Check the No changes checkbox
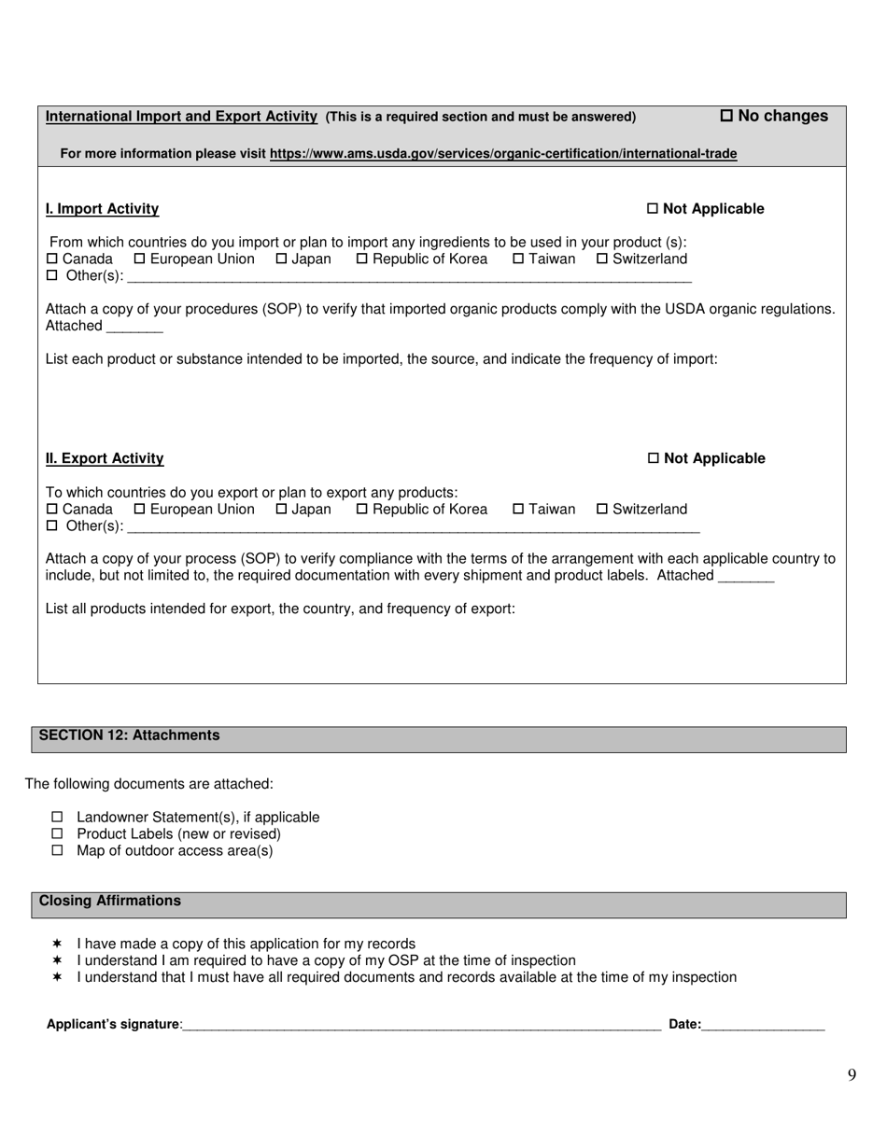tap(726, 116)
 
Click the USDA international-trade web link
tap(502, 154)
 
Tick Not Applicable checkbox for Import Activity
tap(653, 209)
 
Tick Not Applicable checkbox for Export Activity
tap(653, 458)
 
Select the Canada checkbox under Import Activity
tap(52, 259)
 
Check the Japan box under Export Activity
tap(281, 509)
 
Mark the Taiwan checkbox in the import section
tap(518, 259)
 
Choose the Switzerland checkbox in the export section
tap(602, 509)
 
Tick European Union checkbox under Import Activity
tap(140, 259)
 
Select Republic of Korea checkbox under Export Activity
tap(362, 509)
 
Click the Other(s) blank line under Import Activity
tap(409, 276)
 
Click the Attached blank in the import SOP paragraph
tap(134, 327)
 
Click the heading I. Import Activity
tap(102, 209)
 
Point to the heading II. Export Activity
tap(105, 458)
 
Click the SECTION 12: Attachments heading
tap(129, 735)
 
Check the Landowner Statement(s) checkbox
tap(57, 818)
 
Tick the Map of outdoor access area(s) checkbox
tap(57, 851)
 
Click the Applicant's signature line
tap(422, 1025)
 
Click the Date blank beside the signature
tap(763, 1025)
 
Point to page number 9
tap(852, 1075)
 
